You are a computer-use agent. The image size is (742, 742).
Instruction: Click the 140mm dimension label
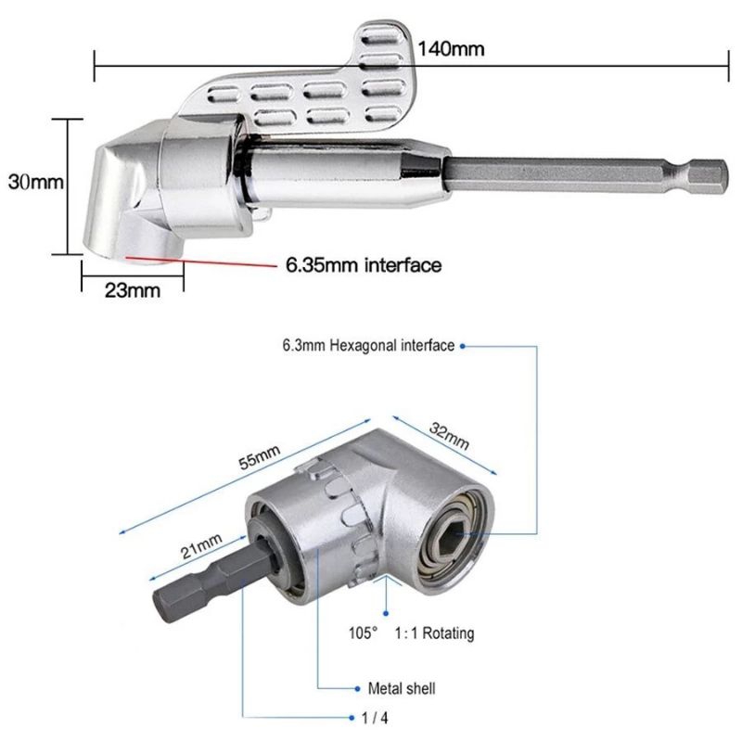(x=451, y=49)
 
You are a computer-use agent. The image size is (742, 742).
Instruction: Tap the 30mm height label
(x=36, y=182)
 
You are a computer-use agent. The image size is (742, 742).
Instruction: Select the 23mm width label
(x=133, y=290)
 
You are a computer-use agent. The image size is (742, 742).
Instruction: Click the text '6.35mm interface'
(x=364, y=264)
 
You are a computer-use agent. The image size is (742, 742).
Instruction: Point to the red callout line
(x=201, y=262)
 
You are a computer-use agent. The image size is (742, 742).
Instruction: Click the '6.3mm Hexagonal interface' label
(x=368, y=345)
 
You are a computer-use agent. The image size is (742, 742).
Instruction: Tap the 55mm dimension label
(x=259, y=457)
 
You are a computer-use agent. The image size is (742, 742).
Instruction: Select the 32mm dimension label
(x=449, y=436)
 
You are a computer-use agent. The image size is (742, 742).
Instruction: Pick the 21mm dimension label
(x=201, y=545)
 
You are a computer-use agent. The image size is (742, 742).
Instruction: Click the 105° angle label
(x=363, y=633)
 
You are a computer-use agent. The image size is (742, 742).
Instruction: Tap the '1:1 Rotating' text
(x=434, y=633)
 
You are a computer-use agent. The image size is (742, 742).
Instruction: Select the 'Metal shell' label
(x=402, y=688)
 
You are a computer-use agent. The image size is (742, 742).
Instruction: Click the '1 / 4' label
(x=375, y=718)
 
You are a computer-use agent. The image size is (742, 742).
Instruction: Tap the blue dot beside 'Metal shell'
(x=357, y=688)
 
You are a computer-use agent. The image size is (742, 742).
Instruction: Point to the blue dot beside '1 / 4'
(x=352, y=718)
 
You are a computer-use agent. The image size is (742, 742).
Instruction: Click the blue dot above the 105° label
(x=386, y=613)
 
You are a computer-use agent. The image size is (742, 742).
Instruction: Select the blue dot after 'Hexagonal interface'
(x=462, y=346)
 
